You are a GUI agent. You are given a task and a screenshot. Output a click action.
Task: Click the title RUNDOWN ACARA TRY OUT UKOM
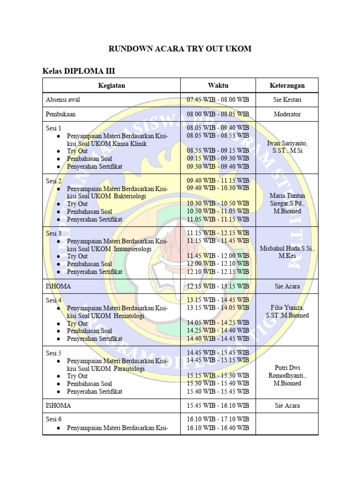point(180,49)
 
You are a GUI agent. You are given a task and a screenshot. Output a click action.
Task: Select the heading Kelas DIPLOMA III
point(79,71)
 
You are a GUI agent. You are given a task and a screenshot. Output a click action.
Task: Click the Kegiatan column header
point(112,85)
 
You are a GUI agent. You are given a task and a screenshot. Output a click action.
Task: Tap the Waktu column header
point(218,85)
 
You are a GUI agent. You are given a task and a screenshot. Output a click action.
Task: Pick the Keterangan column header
point(287,85)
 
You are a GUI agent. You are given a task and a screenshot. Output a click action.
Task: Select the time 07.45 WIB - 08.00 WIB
point(218,100)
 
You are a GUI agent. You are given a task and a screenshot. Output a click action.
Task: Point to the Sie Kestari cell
point(287,100)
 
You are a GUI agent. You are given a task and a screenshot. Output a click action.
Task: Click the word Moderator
point(287,114)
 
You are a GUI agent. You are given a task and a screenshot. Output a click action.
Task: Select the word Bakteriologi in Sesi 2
point(131,196)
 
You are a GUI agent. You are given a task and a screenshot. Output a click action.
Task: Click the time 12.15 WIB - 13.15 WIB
point(218,286)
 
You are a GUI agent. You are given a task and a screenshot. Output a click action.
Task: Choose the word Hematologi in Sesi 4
point(129,316)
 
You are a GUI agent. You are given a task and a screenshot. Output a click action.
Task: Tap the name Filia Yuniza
point(287,308)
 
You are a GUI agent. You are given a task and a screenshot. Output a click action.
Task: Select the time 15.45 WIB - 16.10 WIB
point(218,405)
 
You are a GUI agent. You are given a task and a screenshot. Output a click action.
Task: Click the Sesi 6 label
point(54,419)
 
